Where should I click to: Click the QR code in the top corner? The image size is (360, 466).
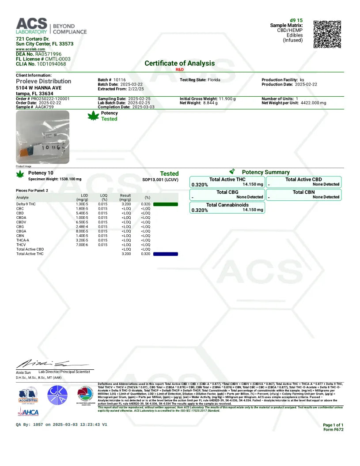pyautogui.click(x=327, y=34)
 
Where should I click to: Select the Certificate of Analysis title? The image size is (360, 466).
pyautogui.click(x=179, y=63)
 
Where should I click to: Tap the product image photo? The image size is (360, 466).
pyautogui.click(x=42, y=137)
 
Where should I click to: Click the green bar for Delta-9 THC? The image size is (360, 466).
pyautogui.click(x=166, y=204)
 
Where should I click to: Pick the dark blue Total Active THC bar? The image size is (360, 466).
pyautogui.click(x=166, y=254)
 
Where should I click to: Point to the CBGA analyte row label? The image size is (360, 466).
pyautogui.click(x=22, y=231)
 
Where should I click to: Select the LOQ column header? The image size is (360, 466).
pyautogui.click(x=104, y=197)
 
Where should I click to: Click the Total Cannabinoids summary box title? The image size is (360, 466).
pyautogui.click(x=227, y=205)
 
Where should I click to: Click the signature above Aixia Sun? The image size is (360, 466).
pyautogui.click(x=43, y=364)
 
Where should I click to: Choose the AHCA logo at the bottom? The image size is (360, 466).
pyautogui.click(x=29, y=412)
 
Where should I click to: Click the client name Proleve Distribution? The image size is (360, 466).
pyautogui.click(x=43, y=81)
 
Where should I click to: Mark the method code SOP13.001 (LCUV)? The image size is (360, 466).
pyautogui.click(x=160, y=180)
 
